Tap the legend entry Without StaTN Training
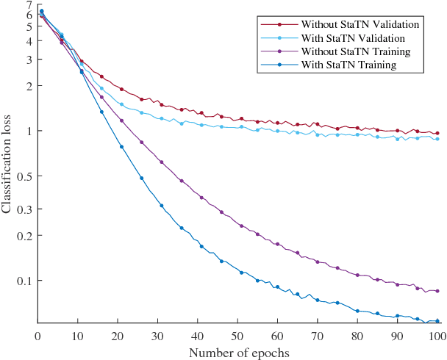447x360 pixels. click(356, 51)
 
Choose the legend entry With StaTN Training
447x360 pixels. click(350, 65)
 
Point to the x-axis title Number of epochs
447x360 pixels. click(239, 352)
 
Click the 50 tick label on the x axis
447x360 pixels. click(237, 336)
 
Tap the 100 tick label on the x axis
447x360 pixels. click(437, 336)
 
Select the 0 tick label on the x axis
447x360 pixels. click(37, 336)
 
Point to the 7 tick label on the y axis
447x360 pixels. click(29, 5)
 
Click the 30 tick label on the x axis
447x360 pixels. click(157, 336)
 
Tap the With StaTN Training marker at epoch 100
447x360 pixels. click(437, 320)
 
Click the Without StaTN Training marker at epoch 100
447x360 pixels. click(437, 291)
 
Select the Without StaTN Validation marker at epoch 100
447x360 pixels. click(437, 134)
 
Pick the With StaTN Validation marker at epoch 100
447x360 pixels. click(437, 139)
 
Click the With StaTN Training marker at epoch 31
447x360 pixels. click(162, 206)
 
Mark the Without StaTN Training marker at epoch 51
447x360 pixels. click(241, 226)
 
